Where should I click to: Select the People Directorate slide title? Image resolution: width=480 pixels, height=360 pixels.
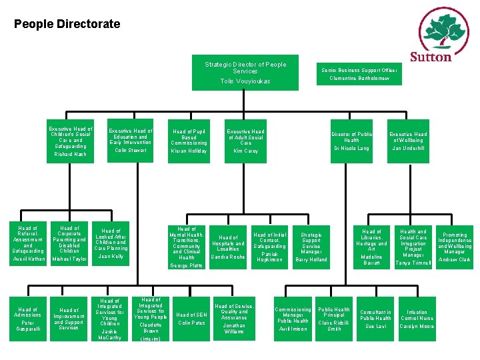point(67,25)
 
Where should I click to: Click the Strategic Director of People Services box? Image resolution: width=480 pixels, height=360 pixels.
point(245,73)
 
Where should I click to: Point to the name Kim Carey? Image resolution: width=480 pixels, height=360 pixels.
point(245,151)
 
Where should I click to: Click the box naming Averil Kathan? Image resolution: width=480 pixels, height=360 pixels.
point(29,244)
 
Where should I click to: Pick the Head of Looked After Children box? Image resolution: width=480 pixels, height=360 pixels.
point(111,244)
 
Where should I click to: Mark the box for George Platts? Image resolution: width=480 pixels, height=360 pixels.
point(187,247)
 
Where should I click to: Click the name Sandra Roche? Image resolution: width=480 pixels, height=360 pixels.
point(228,257)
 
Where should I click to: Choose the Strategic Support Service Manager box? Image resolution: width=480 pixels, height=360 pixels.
point(311,247)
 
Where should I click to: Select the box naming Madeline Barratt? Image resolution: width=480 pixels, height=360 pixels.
point(371,247)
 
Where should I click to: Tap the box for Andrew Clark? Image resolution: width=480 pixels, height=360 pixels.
point(455,247)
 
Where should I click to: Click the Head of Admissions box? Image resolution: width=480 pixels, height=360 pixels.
point(29,318)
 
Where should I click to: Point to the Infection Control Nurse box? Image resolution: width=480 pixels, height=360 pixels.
point(417,318)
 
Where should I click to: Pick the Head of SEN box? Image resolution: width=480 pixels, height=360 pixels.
point(192,318)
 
